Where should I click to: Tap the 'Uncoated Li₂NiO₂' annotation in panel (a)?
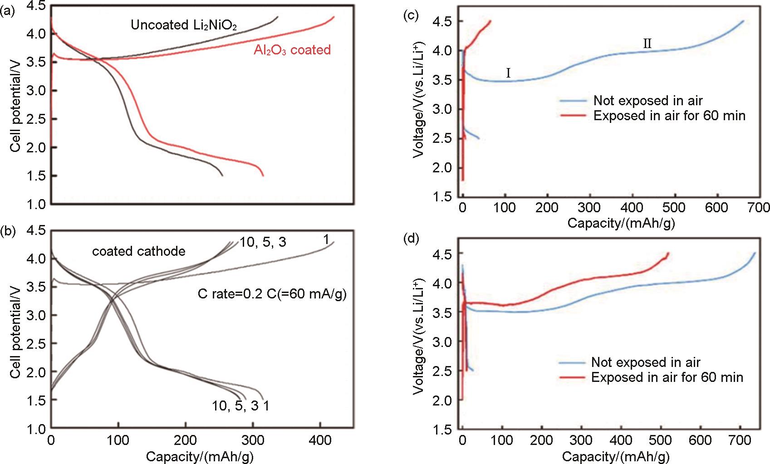tap(184, 25)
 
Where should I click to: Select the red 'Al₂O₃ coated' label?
tap(292, 50)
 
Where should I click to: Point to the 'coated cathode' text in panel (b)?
tap(139, 251)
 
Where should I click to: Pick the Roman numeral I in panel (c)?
tap(508, 73)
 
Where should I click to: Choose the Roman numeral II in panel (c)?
tap(647, 44)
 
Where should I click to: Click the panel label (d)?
tap(411, 239)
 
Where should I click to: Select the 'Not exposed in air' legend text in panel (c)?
tap(648, 101)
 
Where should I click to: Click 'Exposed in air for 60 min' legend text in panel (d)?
tap(667, 377)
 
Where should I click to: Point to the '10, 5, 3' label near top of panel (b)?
tap(263, 242)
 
